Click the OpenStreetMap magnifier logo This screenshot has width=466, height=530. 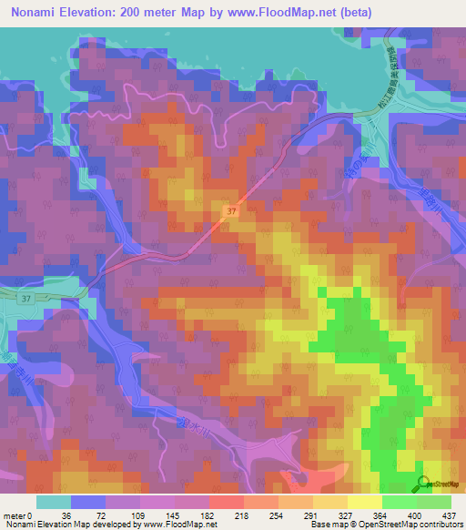425,484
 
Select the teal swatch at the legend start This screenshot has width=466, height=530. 53,502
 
